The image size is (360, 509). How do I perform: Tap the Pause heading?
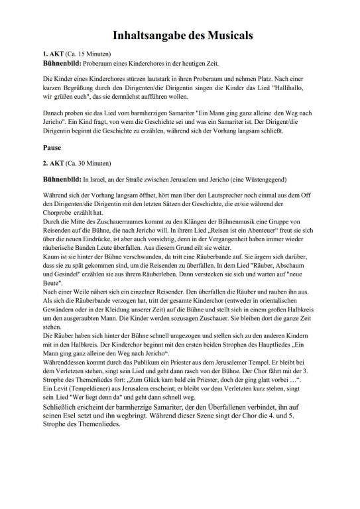coord(52,147)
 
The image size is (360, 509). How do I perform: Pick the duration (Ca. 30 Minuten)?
coord(90,163)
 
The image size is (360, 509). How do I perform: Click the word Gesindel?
coord(68,266)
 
